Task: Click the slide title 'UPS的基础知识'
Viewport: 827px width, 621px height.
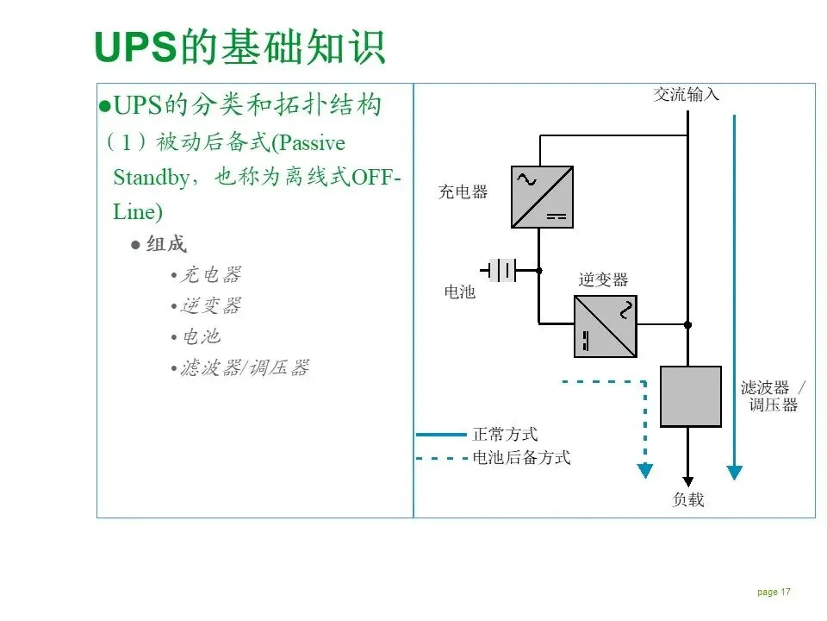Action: tap(239, 47)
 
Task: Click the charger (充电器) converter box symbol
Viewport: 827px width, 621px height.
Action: tap(542, 197)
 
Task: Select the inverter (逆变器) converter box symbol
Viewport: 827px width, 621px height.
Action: tap(606, 326)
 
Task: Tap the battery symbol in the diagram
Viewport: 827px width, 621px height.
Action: tap(502, 270)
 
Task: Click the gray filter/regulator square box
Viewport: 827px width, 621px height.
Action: tap(690, 396)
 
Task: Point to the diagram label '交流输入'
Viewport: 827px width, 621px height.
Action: tap(686, 95)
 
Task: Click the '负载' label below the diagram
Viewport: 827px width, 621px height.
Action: tap(687, 499)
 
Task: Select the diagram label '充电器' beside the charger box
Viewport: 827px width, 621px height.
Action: tap(463, 192)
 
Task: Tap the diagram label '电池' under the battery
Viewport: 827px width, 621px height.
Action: tap(459, 292)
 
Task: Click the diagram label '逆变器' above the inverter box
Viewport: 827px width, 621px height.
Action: tap(603, 279)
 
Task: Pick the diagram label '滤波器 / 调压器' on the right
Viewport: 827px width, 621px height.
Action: tap(773, 396)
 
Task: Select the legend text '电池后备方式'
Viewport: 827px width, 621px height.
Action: tap(521, 458)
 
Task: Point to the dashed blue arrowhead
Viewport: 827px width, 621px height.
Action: tap(644, 471)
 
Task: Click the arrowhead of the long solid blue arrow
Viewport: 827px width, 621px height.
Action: tap(734, 472)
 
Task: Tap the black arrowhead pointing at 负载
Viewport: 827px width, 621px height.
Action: tap(687, 481)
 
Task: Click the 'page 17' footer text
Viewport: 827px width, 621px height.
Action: tap(774, 593)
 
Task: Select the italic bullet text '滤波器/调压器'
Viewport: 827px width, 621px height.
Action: tap(244, 368)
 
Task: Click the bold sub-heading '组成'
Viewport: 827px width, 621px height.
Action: tap(166, 244)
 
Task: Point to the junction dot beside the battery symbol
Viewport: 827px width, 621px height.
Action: tap(539, 271)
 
